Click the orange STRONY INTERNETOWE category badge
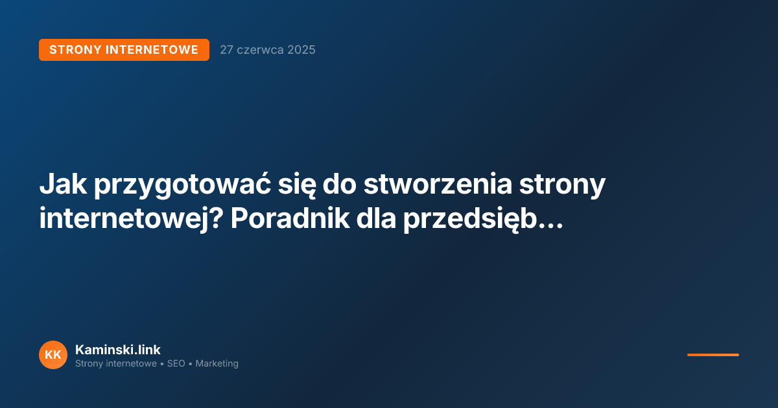coord(124,50)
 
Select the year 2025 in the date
coord(301,50)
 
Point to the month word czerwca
coord(260,50)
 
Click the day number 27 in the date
coord(226,50)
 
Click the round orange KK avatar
coord(53,355)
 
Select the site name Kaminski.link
coord(118,350)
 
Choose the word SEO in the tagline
coord(176,364)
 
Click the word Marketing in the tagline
coord(217,364)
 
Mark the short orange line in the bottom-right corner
coord(713,355)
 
